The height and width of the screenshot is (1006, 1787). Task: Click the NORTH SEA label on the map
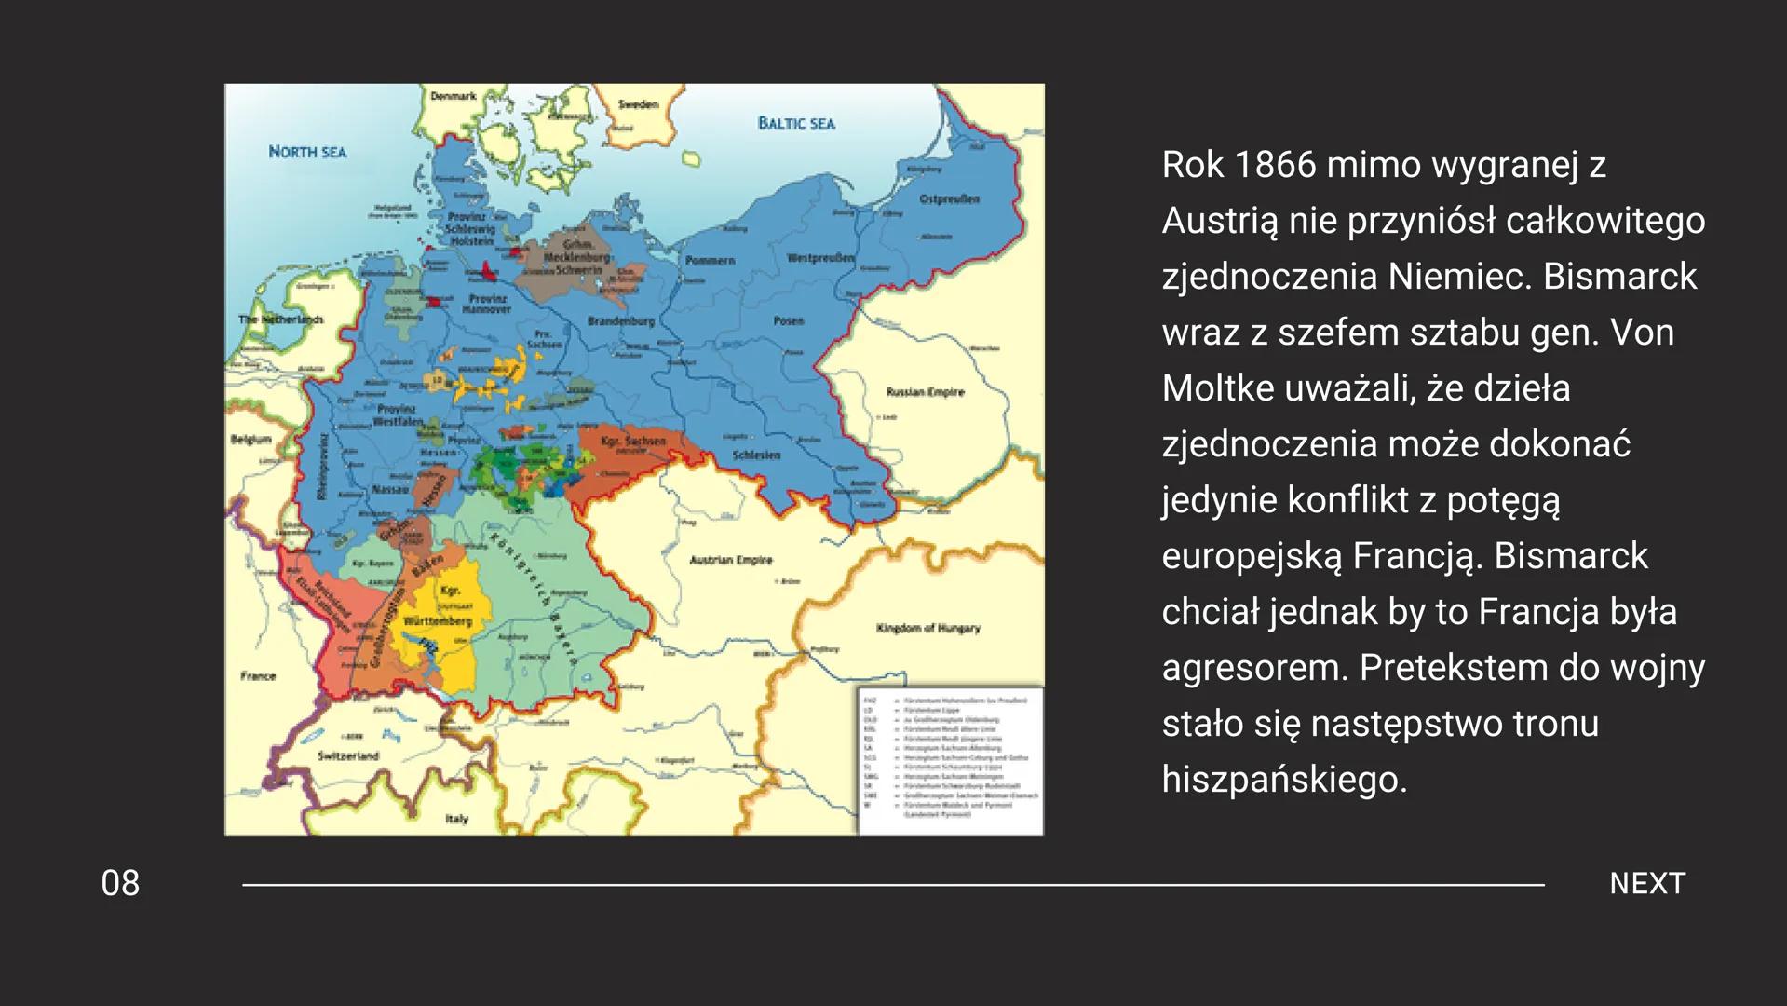(x=307, y=152)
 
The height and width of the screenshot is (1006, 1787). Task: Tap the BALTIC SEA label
(x=796, y=123)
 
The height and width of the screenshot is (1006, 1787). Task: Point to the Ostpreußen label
(x=949, y=199)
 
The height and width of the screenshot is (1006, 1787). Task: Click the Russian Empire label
(x=925, y=392)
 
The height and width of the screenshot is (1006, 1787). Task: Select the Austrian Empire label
(x=731, y=560)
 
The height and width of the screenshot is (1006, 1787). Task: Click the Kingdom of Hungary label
(x=927, y=628)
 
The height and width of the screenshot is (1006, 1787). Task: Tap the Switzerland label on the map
(x=348, y=755)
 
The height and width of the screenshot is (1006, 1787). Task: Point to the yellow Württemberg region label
(x=438, y=620)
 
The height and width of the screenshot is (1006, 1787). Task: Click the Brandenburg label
(x=621, y=321)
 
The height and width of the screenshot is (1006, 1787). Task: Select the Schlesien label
(x=756, y=455)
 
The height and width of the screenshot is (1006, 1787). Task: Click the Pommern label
(x=710, y=260)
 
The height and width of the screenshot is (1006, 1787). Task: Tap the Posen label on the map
(x=788, y=320)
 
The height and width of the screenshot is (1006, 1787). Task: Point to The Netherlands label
(x=280, y=319)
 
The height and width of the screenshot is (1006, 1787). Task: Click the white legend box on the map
(x=949, y=759)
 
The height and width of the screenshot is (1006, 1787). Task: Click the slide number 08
(x=120, y=883)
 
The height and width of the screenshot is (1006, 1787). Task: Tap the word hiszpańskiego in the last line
(x=1284, y=779)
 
